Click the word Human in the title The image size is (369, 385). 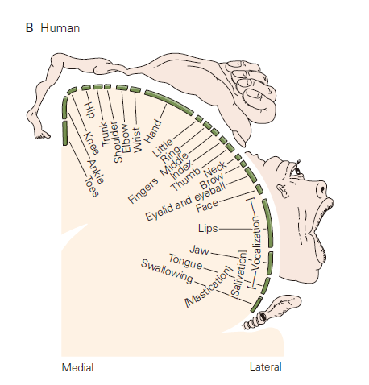point(60,28)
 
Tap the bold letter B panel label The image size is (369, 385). point(29,28)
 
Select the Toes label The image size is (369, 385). point(92,186)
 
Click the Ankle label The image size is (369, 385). point(96,172)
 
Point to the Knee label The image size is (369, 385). point(92,143)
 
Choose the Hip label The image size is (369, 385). point(89,110)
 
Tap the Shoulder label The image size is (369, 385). point(118,143)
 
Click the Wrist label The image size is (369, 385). point(137,140)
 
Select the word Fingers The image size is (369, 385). point(143,190)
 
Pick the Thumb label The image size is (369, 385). point(186,179)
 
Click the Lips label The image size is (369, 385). point(208,229)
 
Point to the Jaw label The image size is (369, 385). point(200,250)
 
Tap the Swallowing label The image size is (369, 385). point(167,271)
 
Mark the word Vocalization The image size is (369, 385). point(256,245)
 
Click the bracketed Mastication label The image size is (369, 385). point(208,286)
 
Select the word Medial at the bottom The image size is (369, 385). point(77,367)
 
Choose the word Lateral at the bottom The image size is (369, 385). point(266,366)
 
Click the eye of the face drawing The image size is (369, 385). point(297,170)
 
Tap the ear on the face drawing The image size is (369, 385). point(282,190)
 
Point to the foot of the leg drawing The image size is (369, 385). point(42,134)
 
